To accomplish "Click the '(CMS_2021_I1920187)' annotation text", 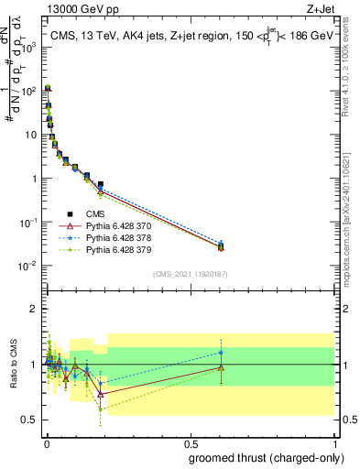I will (189, 274).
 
